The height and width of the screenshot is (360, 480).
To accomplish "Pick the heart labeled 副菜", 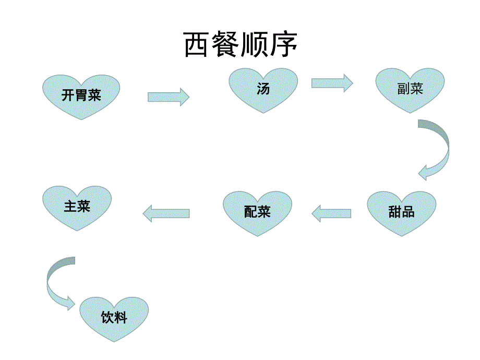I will pyautogui.click(x=411, y=89).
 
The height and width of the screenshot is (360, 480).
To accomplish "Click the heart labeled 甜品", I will pyautogui.click(x=401, y=212).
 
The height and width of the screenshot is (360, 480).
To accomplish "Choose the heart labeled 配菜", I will pyautogui.click(x=257, y=212).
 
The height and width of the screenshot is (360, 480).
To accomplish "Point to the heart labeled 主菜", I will pyautogui.click(x=77, y=207).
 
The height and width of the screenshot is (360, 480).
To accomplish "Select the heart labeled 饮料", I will pyautogui.click(x=114, y=318).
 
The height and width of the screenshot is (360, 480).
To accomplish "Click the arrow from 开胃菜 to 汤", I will pyautogui.click(x=168, y=97).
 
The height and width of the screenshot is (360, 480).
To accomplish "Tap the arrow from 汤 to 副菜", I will pyautogui.click(x=332, y=83).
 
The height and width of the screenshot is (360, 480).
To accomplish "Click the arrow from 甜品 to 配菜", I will pyautogui.click(x=331, y=213).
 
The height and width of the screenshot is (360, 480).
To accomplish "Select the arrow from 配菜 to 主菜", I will pyautogui.click(x=166, y=213).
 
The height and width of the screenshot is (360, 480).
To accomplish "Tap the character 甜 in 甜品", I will pyautogui.click(x=394, y=212).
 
